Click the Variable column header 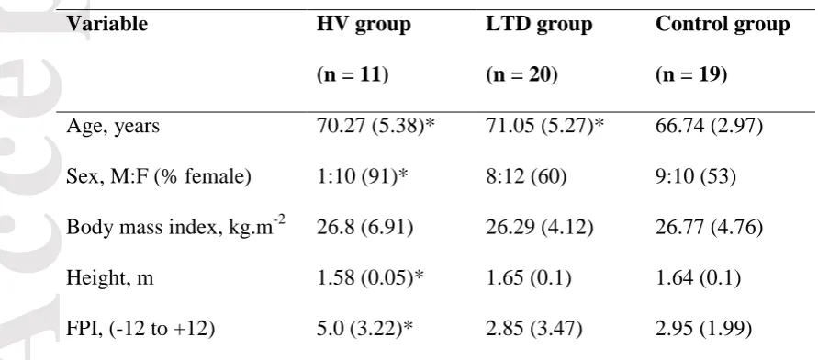click(106, 25)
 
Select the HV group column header click(364, 25)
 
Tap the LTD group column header click(539, 25)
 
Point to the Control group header click(723, 25)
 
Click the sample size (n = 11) click(353, 75)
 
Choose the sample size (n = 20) click(522, 75)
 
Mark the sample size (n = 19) click(691, 75)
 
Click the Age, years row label click(113, 127)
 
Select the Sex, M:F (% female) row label click(159, 177)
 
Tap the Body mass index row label click(175, 228)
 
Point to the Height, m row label click(109, 278)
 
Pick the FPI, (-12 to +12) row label click(140, 329)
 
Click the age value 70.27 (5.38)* click(376, 127)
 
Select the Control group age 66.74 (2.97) click(709, 127)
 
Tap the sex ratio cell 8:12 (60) click(526, 177)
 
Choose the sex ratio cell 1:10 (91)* click(362, 177)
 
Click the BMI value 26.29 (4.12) click(540, 228)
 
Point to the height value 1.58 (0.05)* click(370, 278)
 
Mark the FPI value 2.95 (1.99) click(703, 329)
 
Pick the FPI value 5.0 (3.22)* click(364, 329)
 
